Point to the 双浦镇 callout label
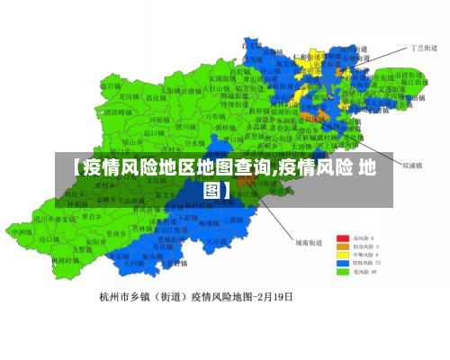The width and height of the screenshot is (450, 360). [413, 166]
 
